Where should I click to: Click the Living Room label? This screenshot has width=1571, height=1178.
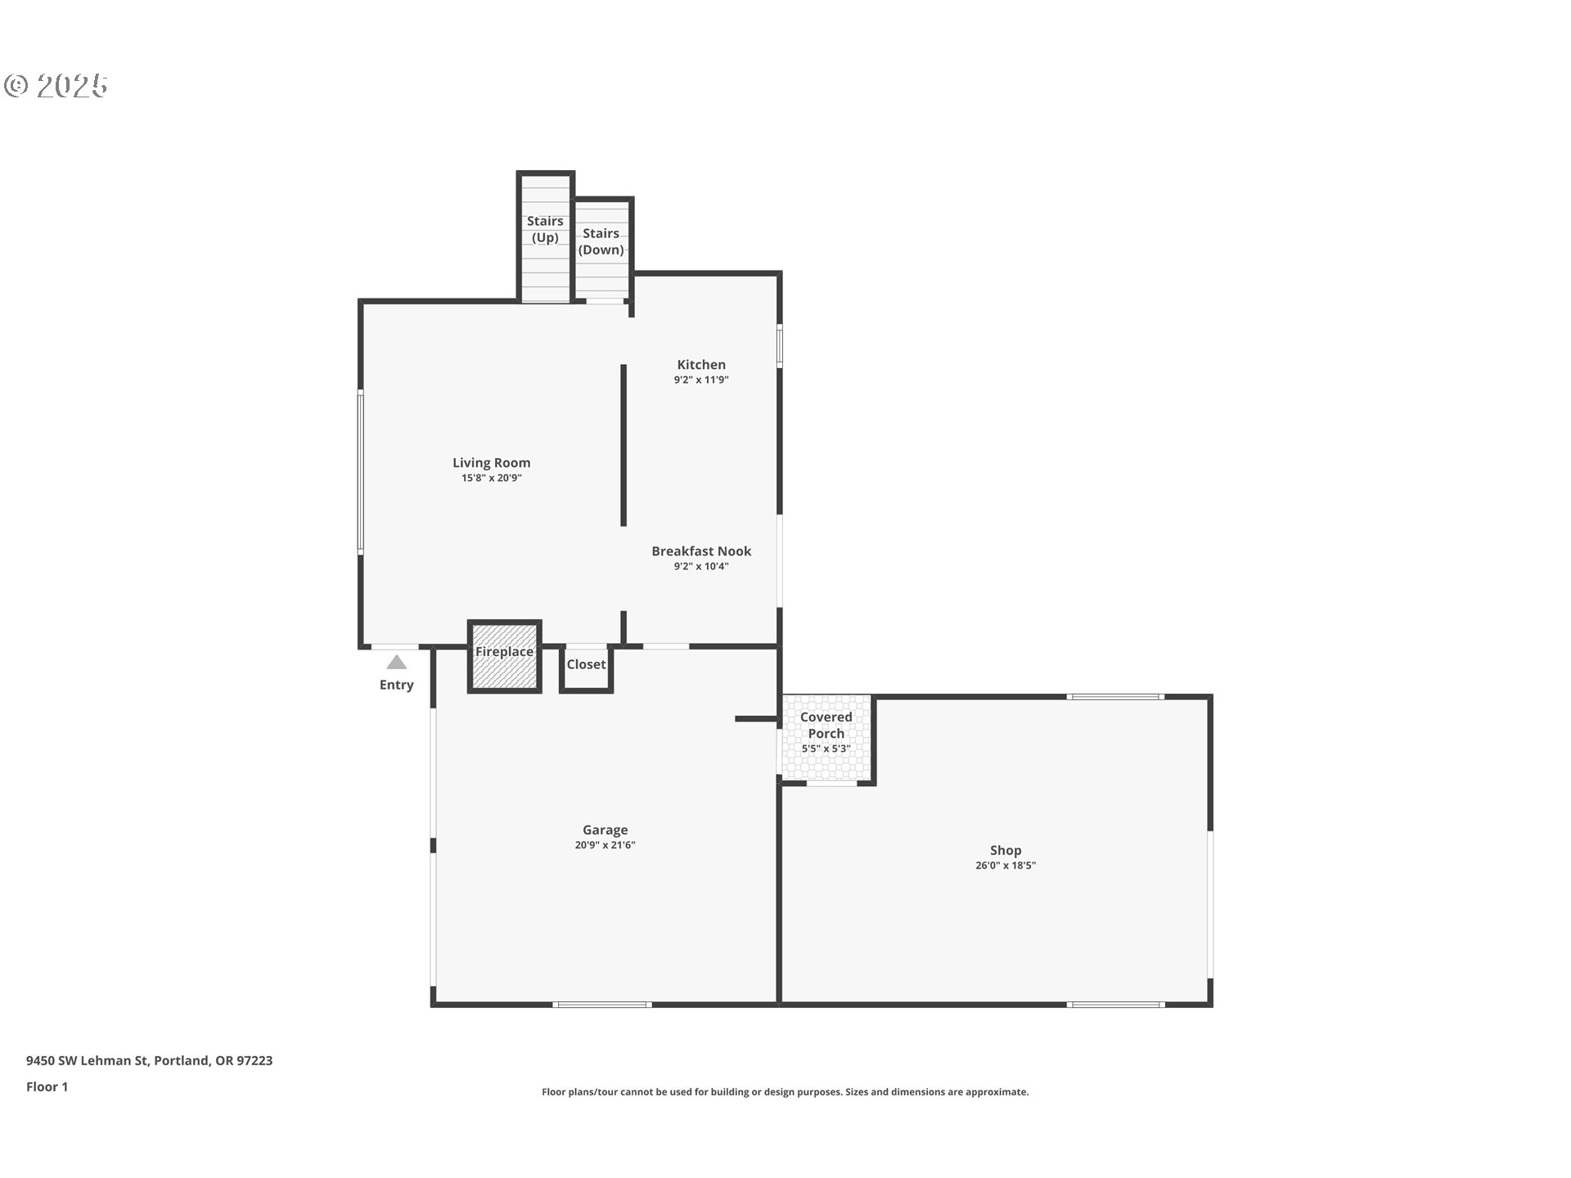tap(491, 463)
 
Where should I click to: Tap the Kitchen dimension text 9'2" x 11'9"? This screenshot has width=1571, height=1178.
tap(701, 380)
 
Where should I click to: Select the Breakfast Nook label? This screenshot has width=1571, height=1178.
tap(701, 551)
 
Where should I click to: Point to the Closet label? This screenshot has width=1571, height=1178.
tap(586, 664)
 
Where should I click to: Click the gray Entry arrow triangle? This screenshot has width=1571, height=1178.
tap(397, 663)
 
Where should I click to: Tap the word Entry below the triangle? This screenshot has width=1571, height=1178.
tap(397, 686)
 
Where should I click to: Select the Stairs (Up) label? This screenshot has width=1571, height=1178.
tap(545, 229)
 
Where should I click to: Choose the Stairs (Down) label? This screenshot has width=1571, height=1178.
tap(601, 241)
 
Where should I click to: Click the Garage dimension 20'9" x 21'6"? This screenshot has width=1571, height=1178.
tap(605, 845)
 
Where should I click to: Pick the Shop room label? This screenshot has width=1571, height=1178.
tap(1006, 851)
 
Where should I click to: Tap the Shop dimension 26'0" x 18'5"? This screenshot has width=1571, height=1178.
tap(1006, 866)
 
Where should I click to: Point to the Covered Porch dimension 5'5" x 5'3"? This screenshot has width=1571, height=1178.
tap(826, 749)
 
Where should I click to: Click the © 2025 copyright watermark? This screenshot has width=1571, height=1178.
tap(56, 85)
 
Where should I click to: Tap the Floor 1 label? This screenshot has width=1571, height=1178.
tap(47, 1087)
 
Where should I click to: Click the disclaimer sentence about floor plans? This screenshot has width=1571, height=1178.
tap(785, 1092)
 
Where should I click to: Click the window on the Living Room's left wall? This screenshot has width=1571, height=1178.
tap(360, 473)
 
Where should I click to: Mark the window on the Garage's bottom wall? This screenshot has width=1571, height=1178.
tap(602, 1005)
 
